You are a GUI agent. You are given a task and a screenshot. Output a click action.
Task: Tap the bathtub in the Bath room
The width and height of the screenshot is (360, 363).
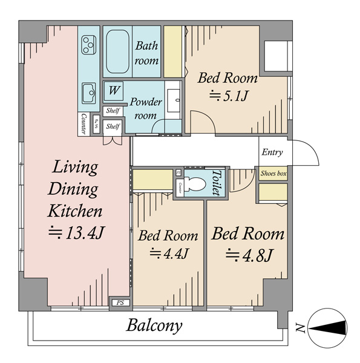pos(117,51)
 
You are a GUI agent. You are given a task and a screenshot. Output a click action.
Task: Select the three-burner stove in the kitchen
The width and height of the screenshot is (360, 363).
pos(89,45)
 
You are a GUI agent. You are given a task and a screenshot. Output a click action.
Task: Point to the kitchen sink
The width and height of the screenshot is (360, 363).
pos(89,93)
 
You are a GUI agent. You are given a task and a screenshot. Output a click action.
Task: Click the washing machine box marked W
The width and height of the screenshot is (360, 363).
pos(113,91)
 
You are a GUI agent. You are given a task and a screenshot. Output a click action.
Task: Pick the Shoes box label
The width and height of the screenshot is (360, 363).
pos(273,174)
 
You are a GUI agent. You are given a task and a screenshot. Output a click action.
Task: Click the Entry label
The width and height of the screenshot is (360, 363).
pos(272,152)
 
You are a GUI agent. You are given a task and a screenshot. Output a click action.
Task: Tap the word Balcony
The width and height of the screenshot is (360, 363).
pos(154,326)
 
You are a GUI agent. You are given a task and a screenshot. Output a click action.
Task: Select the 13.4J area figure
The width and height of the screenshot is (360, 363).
pos(77,233)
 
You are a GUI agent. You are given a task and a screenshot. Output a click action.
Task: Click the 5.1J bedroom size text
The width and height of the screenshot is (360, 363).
pos(229,96)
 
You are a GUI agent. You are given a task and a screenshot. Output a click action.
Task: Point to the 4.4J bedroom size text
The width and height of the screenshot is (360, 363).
pos(169,253)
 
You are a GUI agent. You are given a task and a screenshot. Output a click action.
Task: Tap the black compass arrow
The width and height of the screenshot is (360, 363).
pos(328,328)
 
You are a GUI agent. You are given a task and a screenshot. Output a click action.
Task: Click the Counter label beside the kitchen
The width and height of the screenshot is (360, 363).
pos(83,124)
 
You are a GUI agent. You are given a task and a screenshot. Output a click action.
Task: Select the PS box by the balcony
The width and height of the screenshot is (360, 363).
pos(120,302)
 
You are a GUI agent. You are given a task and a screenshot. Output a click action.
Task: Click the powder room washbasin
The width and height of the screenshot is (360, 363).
pos(174,100)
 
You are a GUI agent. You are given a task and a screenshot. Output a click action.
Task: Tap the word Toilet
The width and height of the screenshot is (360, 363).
pos(217,183)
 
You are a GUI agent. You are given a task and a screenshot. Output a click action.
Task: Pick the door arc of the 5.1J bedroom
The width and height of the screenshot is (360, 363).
pos(207,116)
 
